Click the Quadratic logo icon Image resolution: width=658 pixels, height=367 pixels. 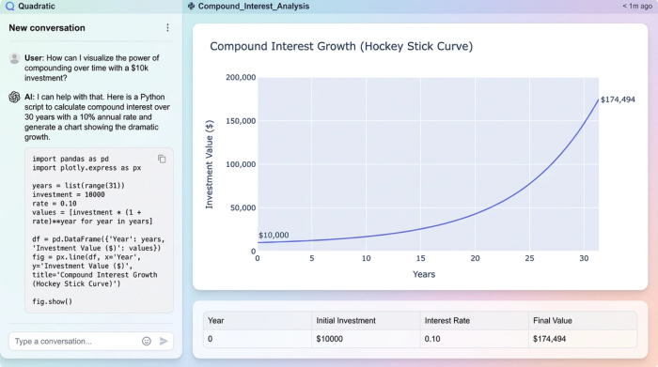click(8, 6)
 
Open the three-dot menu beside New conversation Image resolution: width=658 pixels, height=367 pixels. click(168, 28)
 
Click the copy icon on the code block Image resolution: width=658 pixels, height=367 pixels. click(162, 159)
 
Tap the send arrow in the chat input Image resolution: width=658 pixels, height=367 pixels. click(164, 341)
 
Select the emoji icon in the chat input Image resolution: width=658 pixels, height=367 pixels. click(147, 341)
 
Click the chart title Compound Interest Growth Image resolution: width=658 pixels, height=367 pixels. click(341, 46)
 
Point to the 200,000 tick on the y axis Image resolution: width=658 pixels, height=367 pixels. click(242, 78)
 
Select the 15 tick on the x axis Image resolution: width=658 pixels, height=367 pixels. click(420, 259)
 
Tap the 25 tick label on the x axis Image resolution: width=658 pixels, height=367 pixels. click(530, 259)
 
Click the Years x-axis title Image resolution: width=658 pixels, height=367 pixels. click(424, 274)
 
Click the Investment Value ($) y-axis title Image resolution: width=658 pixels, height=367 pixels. click(210, 164)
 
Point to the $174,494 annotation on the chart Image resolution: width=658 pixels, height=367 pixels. click(618, 99)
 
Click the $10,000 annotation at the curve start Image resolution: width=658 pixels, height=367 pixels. click(274, 236)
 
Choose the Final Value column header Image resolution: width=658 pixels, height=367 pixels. click(553, 320)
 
